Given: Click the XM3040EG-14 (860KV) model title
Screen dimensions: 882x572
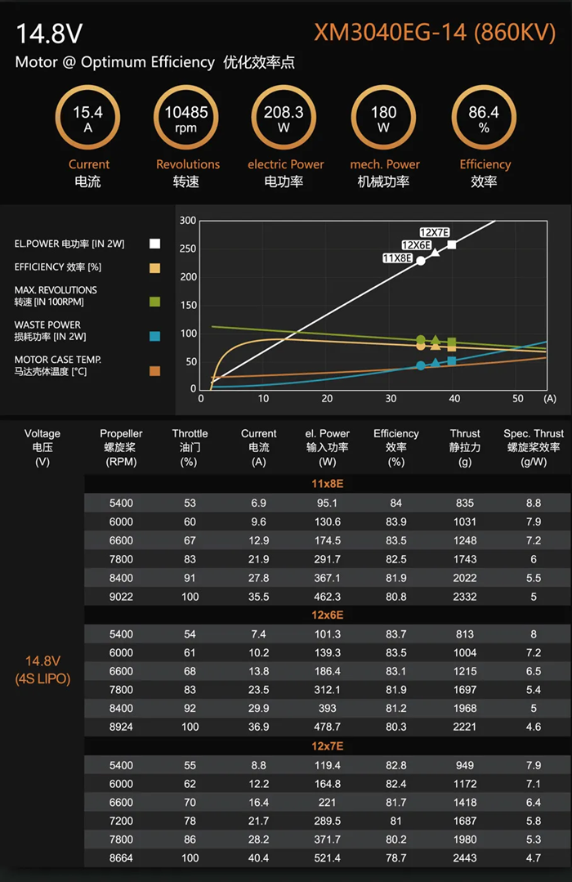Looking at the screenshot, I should [436, 34].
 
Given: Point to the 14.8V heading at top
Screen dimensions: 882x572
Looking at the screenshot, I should [49, 34].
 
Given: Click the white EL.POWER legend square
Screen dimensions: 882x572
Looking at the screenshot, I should [154, 244].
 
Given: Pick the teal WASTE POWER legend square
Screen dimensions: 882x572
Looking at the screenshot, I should [154, 336].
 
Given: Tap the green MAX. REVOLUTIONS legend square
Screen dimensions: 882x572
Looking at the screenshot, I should [154, 302].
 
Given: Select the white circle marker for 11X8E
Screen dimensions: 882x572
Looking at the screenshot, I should [421, 261].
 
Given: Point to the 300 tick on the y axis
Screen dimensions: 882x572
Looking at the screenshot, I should [188, 221].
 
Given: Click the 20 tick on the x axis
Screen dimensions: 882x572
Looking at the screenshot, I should [328, 399].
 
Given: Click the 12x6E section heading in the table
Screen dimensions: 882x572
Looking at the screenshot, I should [328, 615].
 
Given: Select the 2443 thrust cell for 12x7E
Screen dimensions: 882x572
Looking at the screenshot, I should [465, 858].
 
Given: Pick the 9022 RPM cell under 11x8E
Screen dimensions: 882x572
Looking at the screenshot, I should [121, 597].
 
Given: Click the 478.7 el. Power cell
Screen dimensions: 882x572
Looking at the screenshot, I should [328, 727].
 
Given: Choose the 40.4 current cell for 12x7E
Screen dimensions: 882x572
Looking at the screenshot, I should [258, 858].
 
